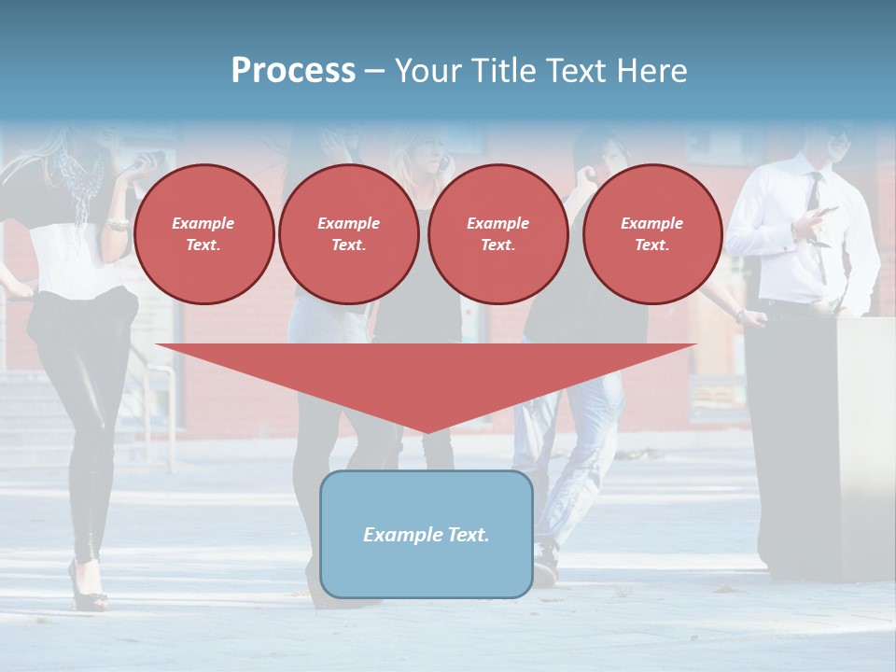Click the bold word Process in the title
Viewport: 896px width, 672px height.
pos(293,71)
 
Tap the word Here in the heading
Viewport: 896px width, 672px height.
pos(651,71)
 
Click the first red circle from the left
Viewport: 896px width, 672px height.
pos(203,234)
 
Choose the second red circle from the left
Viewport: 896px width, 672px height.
pos(348,234)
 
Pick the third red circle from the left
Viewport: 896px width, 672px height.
pos(497,234)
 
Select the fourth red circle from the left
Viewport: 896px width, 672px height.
pos(651,234)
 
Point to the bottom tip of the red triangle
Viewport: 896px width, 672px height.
pos(427,431)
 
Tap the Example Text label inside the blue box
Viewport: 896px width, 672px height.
pos(426,535)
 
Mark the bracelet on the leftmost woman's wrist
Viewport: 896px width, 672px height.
pos(118,224)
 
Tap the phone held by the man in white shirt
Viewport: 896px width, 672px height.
pos(827,213)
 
